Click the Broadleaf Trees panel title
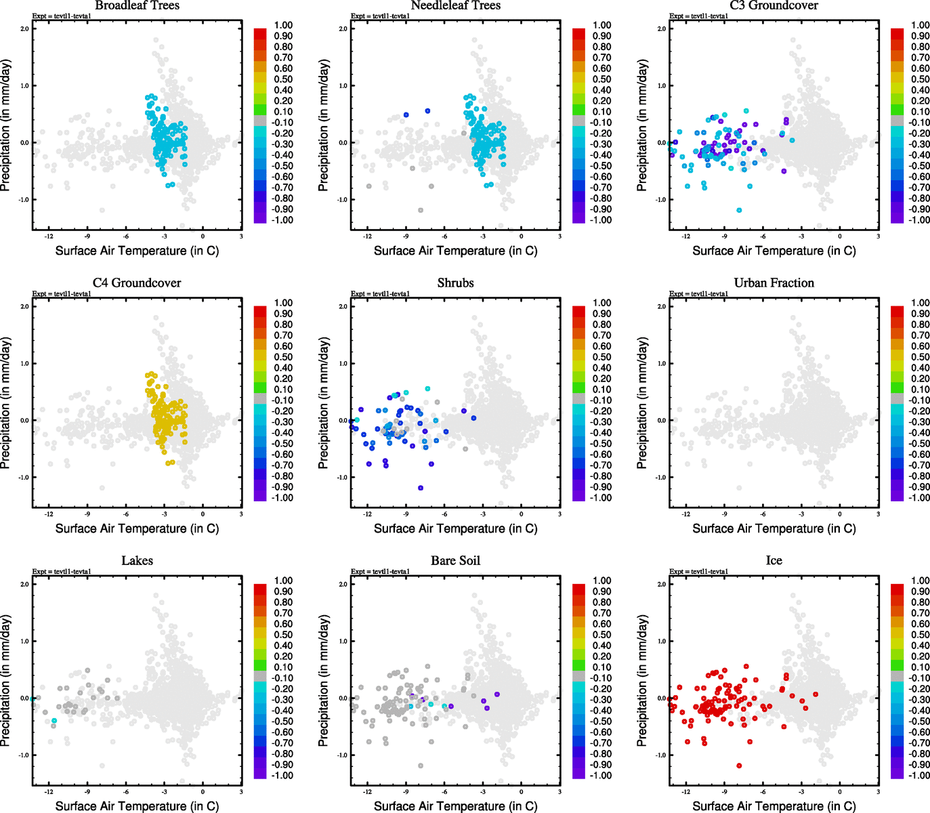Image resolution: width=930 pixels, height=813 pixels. (x=137, y=5)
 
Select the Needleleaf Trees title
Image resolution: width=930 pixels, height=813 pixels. (x=455, y=5)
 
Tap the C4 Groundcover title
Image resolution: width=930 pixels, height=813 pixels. (x=137, y=283)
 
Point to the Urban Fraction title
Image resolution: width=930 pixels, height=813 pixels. (x=774, y=283)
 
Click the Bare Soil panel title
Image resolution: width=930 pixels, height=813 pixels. (x=455, y=560)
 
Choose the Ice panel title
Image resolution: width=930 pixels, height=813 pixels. (x=774, y=560)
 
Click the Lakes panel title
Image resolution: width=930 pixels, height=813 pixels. (x=137, y=560)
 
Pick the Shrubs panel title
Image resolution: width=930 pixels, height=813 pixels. (x=455, y=283)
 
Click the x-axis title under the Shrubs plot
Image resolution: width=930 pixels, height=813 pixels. (x=455, y=528)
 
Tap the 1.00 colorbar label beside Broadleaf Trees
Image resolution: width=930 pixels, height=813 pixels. (x=283, y=25)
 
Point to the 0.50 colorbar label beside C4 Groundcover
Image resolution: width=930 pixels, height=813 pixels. (x=283, y=357)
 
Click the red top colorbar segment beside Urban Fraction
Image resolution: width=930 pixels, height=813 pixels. (x=897, y=311)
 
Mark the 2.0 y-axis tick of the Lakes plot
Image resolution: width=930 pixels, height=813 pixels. (x=24, y=584)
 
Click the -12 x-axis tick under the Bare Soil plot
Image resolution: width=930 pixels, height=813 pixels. (x=367, y=791)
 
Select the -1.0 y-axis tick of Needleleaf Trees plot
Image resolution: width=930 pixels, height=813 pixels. (x=342, y=200)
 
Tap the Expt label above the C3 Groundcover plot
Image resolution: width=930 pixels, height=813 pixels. (x=698, y=16)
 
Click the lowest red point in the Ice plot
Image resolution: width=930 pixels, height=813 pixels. (x=739, y=766)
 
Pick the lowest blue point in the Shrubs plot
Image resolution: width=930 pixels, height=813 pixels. (x=421, y=488)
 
